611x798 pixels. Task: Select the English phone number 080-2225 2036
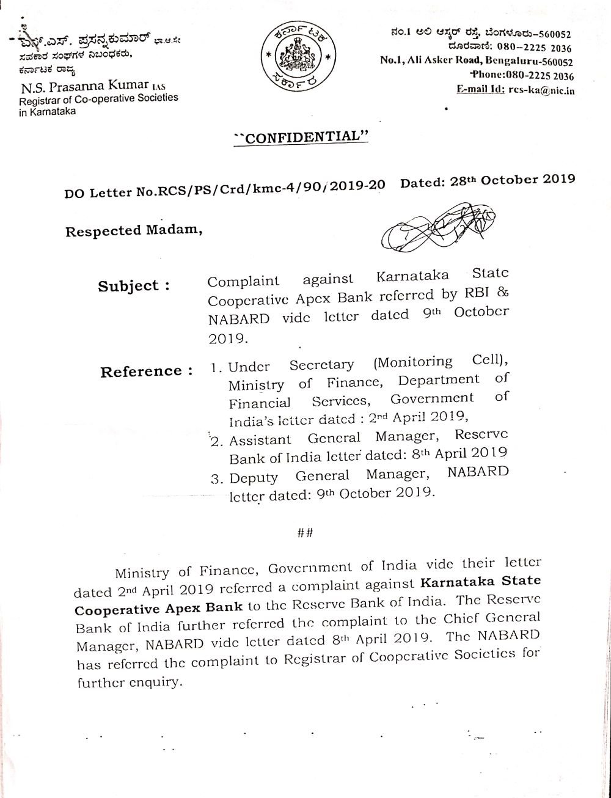point(538,76)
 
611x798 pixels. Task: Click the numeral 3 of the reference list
point(215,478)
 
